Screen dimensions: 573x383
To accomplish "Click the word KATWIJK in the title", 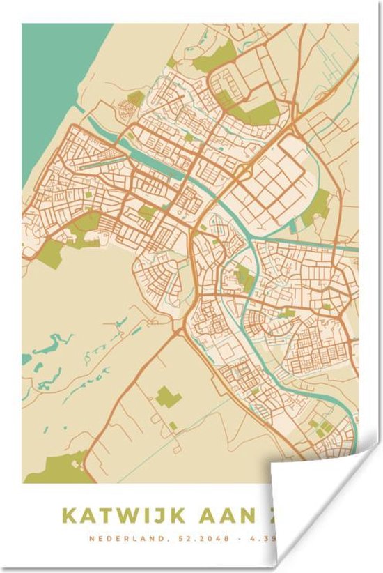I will [x=124, y=516].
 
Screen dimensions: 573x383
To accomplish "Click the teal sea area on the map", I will [x=56, y=84].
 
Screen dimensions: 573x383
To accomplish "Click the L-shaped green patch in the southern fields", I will [x=166, y=397].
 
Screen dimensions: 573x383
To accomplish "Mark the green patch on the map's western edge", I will [x=50, y=254].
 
